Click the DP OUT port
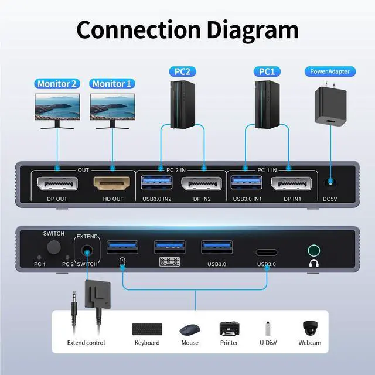(x=58, y=185)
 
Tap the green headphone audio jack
(x=316, y=251)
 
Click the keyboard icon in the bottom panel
(x=146, y=328)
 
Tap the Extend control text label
(x=86, y=343)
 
